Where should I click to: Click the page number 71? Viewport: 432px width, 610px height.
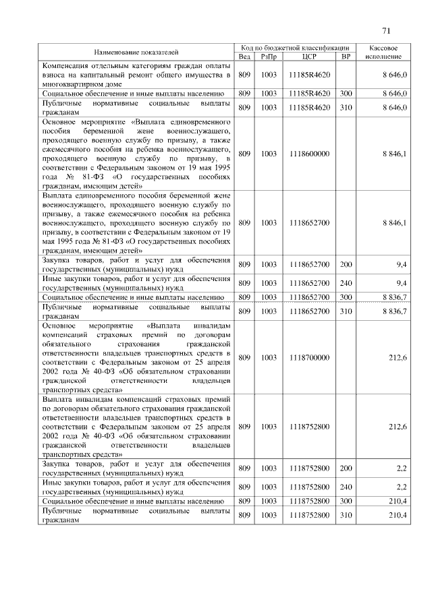tap(385, 30)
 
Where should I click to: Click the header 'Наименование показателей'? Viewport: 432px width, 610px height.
tap(137, 51)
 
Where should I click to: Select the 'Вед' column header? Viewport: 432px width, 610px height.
tap(244, 57)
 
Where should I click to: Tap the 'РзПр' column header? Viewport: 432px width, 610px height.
tap(269, 57)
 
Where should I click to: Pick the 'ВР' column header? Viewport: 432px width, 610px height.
tap(346, 57)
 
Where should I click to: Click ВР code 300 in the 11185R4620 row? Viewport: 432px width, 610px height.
tap(346, 94)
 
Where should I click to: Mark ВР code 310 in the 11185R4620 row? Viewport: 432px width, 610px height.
tap(346, 107)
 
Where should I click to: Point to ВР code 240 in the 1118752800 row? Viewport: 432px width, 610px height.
tap(346, 486)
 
